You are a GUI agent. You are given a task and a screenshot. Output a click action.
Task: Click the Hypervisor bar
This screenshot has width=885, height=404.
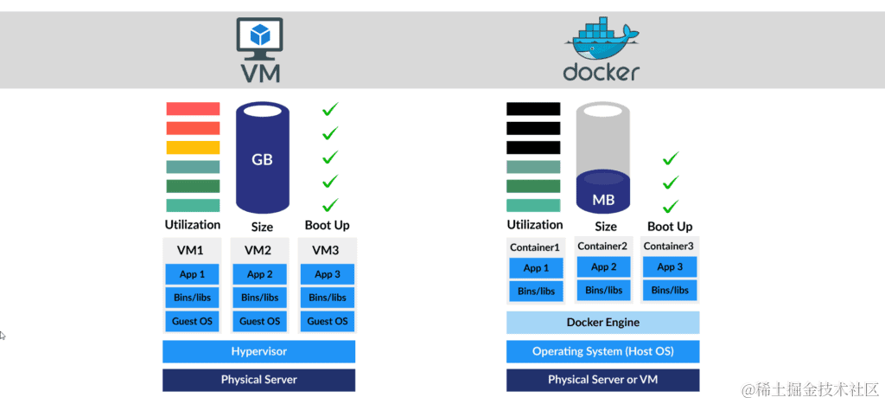coord(258,351)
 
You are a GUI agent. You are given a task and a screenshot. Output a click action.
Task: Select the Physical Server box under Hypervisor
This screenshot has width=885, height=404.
coord(258,380)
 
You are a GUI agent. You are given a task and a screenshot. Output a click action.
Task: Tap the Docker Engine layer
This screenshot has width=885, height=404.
coord(602,323)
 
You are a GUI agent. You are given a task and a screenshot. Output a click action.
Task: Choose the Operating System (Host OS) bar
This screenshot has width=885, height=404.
coord(602,351)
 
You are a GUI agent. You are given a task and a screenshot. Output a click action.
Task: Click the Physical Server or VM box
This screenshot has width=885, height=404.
coord(602,380)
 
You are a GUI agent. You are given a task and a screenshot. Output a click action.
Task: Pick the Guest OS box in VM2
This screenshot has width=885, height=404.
coord(260,321)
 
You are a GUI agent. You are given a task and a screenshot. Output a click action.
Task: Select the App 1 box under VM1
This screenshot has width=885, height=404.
coord(191,274)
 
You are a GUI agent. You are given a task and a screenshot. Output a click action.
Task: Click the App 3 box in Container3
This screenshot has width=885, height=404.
coord(670,267)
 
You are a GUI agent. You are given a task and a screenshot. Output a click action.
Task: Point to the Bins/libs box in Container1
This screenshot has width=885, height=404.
coord(536,291)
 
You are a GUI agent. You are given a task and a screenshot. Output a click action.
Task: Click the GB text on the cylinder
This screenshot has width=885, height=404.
coord(262,160)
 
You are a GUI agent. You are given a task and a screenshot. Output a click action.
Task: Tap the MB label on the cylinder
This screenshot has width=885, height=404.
coord(603,200)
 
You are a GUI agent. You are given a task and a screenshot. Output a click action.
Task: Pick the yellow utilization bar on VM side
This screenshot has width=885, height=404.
coord(193,147)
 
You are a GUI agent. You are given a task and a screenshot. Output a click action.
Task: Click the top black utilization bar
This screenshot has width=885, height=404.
coord(532,109)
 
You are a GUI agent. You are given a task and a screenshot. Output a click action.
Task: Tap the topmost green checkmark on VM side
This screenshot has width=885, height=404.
coord(330,109)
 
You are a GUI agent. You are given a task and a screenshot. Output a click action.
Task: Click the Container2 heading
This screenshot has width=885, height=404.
coord(602,247)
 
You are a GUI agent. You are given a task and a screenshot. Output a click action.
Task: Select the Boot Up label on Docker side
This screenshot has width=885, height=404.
coord(670,227)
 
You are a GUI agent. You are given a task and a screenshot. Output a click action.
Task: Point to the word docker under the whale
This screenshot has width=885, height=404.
coord(602,71)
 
